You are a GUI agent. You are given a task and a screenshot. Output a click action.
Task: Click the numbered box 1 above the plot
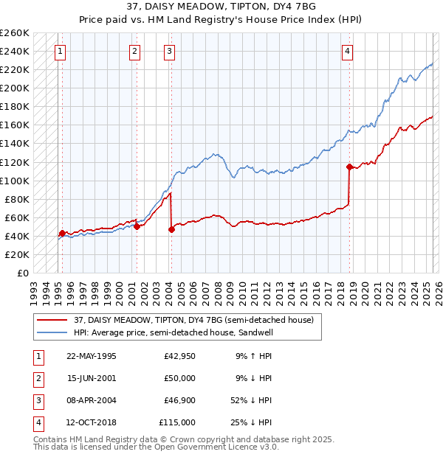coord(59,52)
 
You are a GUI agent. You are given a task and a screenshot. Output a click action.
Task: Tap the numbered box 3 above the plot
coord(170,52)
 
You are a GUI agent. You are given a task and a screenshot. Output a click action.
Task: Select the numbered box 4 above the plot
coord(347,52)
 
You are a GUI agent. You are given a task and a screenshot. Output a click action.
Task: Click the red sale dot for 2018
coord(349,167)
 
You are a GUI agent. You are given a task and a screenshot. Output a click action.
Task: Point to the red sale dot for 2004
coord(171,229)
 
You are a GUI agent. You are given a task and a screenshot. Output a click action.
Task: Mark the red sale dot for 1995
coord(62,233)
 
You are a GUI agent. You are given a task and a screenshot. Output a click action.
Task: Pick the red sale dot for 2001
coord(137,226)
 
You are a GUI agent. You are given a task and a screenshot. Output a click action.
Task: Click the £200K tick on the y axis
coord(15,88)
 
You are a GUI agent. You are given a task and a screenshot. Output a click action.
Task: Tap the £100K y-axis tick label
coord(15,181)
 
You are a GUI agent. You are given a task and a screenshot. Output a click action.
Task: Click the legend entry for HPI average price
coord(174,332)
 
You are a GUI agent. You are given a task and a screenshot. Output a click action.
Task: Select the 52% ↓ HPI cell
coord(251,400)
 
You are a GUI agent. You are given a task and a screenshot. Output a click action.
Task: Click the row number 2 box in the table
coord(38,378)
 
